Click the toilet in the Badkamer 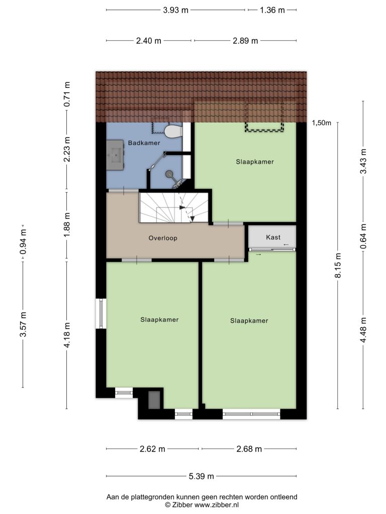[x=173, y=132]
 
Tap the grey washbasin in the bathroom [x=115, y=155]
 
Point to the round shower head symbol [x=169, y=174]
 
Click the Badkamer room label [x=144, y=143]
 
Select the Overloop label [x=163, y=238]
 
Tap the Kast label [x=273, y=237]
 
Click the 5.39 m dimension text [x=201, y=476]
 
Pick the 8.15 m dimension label [x=338, y=265]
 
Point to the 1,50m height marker [x=321, y=123]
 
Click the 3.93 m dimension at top [x=175, y=10]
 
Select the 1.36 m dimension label [x=272, y=10]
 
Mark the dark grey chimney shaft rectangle [x=154, y=400]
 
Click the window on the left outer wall [x=101, y=313]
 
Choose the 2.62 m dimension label [x=152, y=449]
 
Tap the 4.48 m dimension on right [x=363, y=330]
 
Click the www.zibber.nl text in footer [x=216, y=505]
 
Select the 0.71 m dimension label [x=67, y=94]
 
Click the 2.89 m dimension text [x=245, y=41]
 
